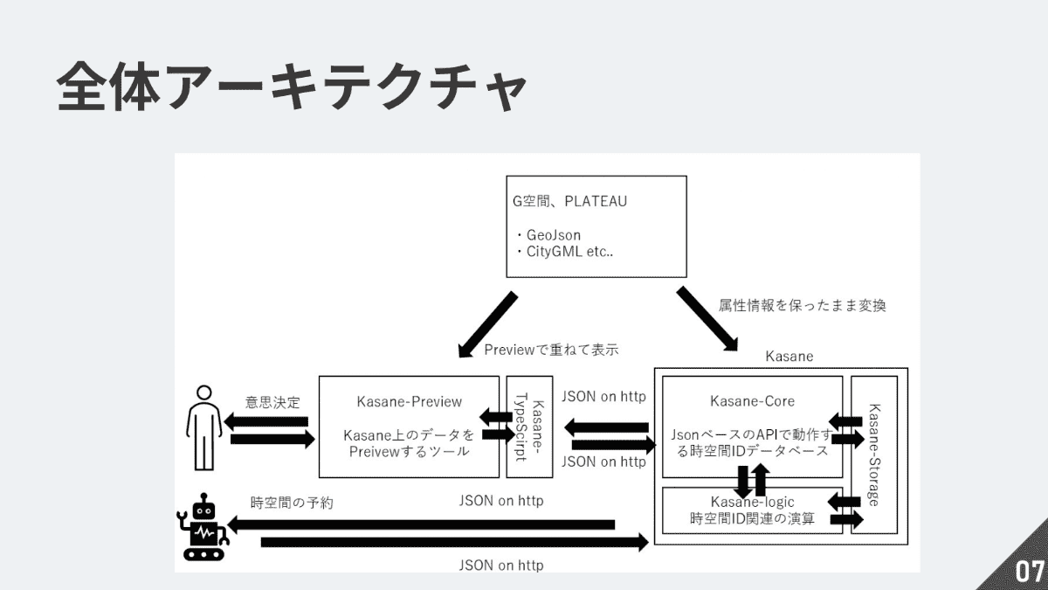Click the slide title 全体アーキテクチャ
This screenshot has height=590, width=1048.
click(292, 87)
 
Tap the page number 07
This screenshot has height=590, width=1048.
click(1029, 573)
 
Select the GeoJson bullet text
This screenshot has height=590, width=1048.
click(554, 235)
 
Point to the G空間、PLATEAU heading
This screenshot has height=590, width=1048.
click(569, 201)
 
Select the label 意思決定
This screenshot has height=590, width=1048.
click(272, 403)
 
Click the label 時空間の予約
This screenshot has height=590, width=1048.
click(292, 503)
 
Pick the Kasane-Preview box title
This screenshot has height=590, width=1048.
click(410, 401)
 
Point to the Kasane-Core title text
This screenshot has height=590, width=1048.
click(752, 401)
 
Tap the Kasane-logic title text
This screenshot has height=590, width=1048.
click(752, 502)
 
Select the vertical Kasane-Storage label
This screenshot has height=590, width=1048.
click(875, 455)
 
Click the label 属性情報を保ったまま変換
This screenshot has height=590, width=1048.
click(803, 307)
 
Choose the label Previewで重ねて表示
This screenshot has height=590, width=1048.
click(551, 350)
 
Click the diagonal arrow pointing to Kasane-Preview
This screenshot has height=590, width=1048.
click(487, 324)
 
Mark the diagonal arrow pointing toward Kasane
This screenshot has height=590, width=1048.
click(707, 318)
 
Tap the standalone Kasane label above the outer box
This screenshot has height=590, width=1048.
click(789, 356)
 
